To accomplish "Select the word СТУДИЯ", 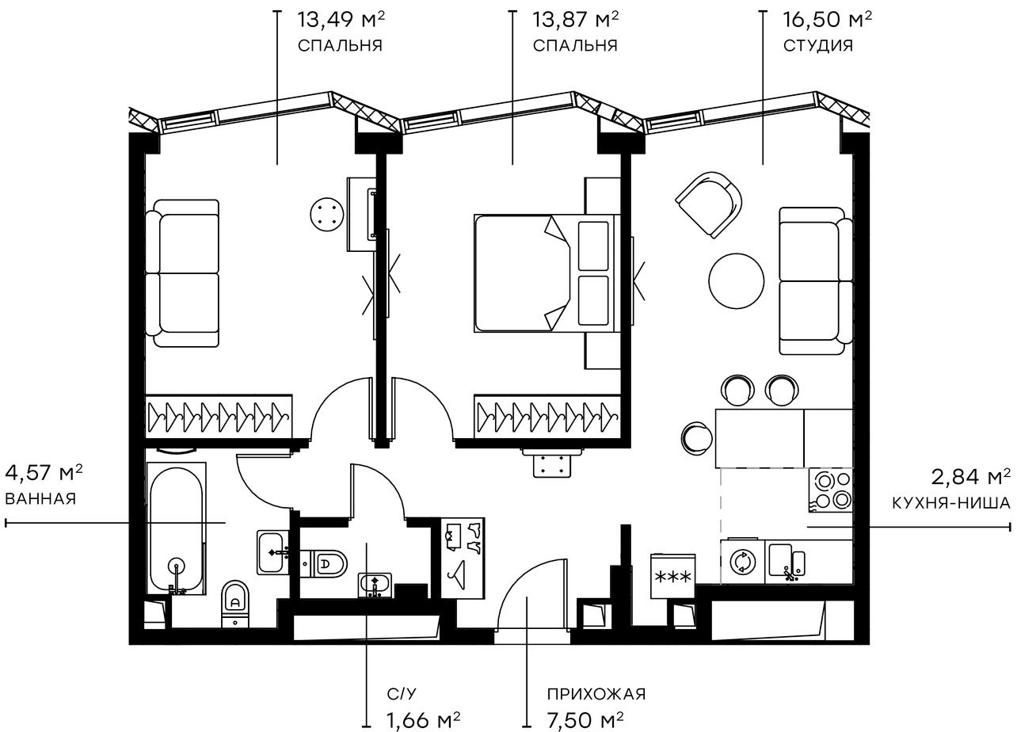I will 818,45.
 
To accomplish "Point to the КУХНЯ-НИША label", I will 950,502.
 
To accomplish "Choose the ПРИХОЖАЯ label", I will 596,695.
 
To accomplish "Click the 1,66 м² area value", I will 423,720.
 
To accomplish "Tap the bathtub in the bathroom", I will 177,529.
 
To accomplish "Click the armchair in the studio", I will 709,204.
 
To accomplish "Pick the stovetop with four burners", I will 830,490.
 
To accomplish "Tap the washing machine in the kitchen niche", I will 742,562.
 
